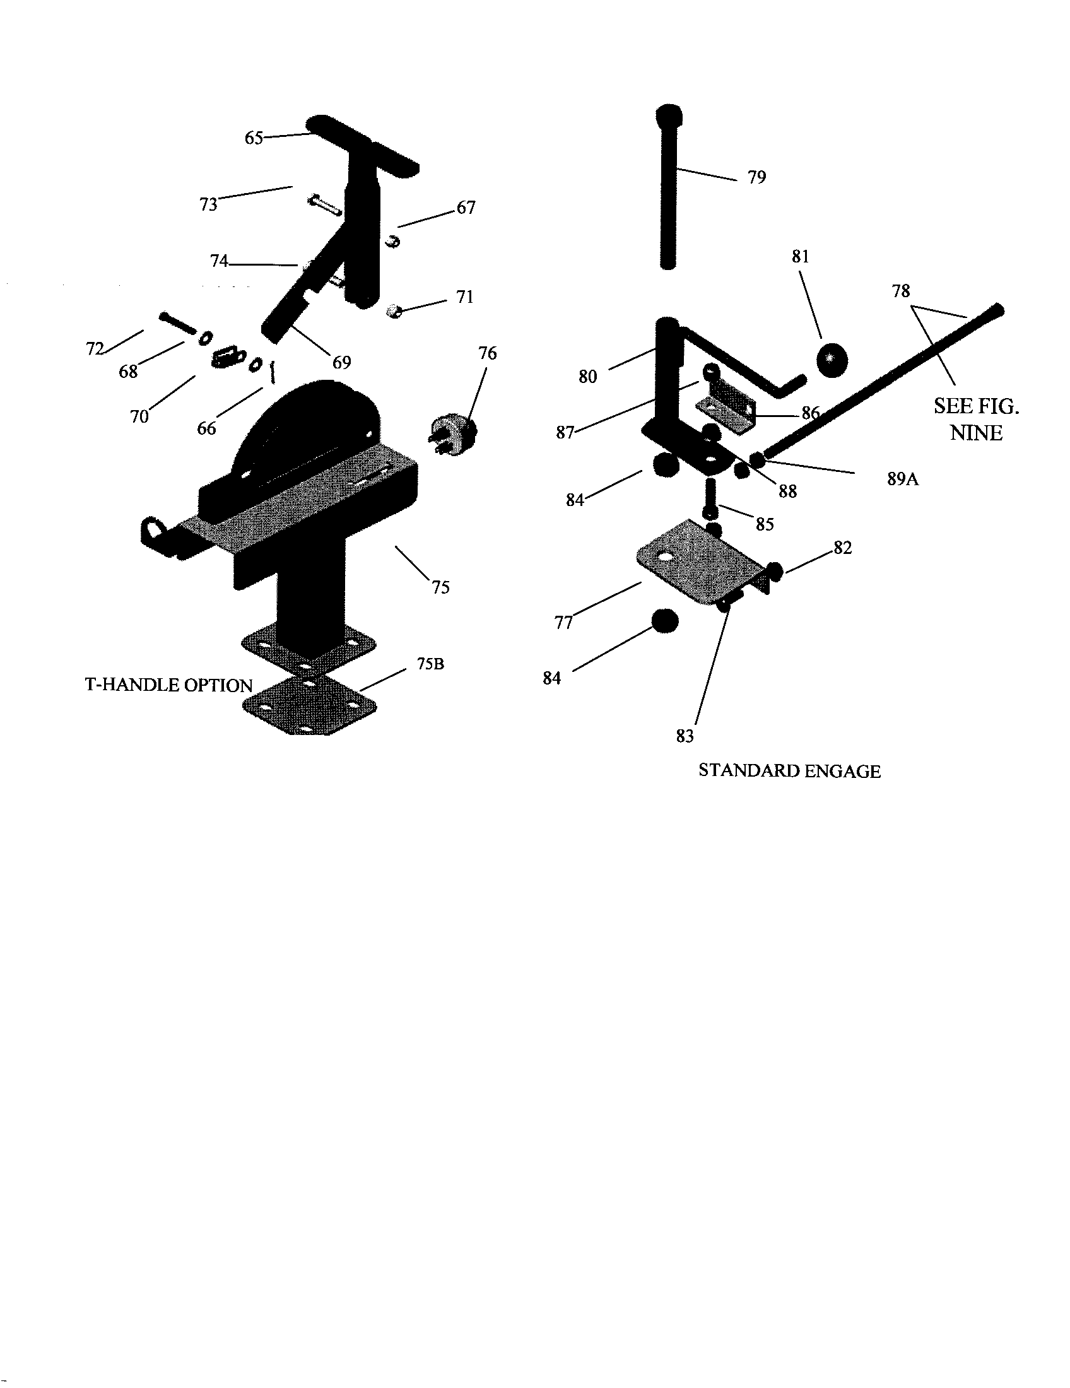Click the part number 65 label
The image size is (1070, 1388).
click(254, 138)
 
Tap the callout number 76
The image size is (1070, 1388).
click(487, 353)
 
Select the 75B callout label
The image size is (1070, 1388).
click(430, 664)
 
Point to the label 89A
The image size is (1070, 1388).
click(903, 479)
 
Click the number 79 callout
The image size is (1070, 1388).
click(756, 177)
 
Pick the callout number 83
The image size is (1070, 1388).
click(685, 736)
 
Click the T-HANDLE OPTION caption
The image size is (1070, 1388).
click(169, 685)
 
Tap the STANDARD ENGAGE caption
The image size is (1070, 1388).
click(789, 771)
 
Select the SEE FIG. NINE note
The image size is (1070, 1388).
click(976, 420)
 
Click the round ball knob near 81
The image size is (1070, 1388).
click(832, 360)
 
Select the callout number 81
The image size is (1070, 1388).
click(800, 257)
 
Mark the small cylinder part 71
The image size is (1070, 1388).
click(394, 312)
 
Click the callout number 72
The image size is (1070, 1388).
click(95, 349)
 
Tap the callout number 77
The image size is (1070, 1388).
click(563, 623)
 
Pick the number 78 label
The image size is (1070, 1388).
click(901, 291)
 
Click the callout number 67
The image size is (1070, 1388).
click(466, 208)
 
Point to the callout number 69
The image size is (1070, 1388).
click(341, 362)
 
